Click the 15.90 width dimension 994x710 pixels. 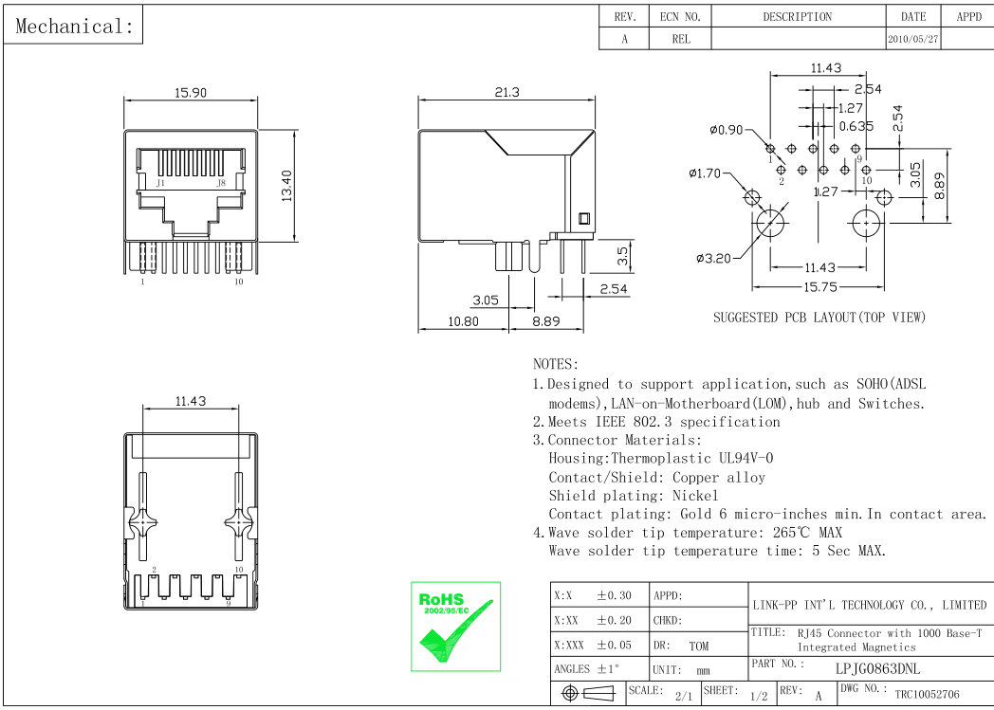tap(190, 93)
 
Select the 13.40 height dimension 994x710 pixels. tap(285, 185)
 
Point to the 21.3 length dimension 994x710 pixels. tap(506, 92)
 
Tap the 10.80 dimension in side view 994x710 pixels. tap(463, 321)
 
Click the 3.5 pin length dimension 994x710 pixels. tap(622, 255)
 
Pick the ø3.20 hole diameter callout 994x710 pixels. tap(713, 258)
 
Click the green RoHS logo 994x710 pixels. tap(456, 626)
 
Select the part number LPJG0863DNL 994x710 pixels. tap(876, 668)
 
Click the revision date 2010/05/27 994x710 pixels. tap(913, 40)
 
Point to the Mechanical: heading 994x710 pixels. tap(75, 27)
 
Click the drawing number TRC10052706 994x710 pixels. tap(927, 694)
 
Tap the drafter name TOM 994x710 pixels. tap(698, 646)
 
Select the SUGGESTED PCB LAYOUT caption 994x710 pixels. tap(819, 318)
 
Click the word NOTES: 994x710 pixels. tap(556, 364)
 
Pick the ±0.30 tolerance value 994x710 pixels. tap(614, 596)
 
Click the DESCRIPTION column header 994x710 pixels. tap(797, 17)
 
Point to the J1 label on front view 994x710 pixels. tap(161, 182)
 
